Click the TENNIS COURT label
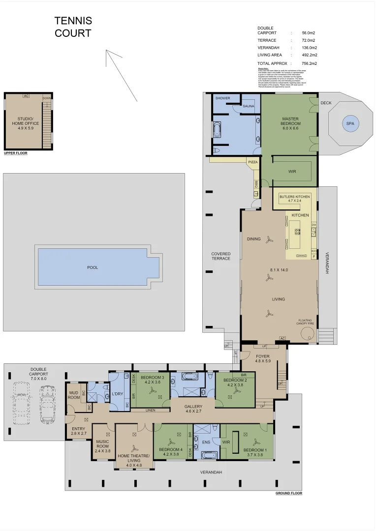73,27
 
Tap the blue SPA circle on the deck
350,123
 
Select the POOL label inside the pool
93,267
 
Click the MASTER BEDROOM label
290,121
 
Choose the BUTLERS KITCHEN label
294,197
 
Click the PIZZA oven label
252,162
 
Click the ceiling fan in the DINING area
269,240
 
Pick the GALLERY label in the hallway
193,407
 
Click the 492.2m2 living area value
310,55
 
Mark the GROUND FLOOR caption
289,493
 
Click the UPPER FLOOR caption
16,153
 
